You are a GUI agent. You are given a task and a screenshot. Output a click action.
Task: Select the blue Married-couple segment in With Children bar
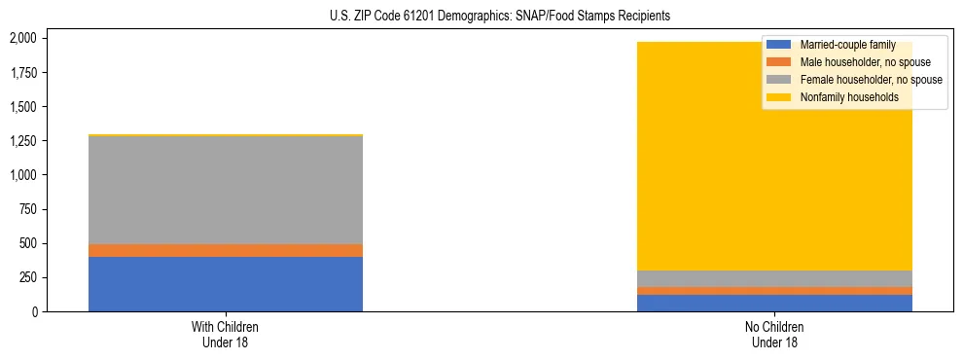[x=225, y=284]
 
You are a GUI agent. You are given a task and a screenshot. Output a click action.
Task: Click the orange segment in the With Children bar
[x=225, y=250]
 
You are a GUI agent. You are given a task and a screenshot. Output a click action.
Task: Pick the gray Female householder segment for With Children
[x=225, y=190]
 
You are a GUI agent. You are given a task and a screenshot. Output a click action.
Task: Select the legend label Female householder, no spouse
[x=871, y=80]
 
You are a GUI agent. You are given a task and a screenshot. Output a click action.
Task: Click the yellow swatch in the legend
[x=779, y=97]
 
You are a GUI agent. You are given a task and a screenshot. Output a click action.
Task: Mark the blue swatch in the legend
[x=779, y=45]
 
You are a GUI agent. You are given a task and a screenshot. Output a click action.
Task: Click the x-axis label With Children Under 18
[x=225, y=334]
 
